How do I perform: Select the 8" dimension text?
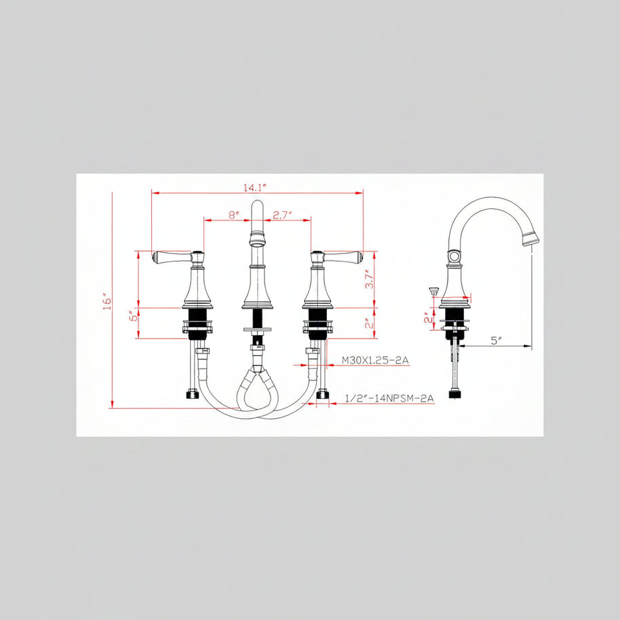(x=234, y=215)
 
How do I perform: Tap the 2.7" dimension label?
(x=282, y=215)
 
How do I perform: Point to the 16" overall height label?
(x=107, y=301)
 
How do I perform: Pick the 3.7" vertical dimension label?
(x=369, y=279)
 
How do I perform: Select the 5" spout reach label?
(x=497, y=341)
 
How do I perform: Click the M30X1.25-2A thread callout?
(x=375, y=360)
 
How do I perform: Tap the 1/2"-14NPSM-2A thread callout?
(x=389, y=398)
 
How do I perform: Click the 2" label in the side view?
(x=428, y=317)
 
